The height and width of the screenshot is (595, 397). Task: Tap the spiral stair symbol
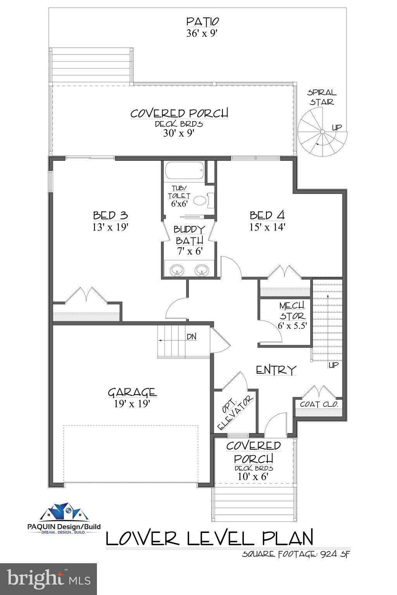321,132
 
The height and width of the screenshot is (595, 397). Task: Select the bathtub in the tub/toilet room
183,171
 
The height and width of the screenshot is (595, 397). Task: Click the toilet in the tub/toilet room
200,200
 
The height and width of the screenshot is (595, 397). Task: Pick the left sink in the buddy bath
178,270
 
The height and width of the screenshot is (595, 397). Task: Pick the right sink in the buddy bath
202,270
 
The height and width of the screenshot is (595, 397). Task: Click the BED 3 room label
110,215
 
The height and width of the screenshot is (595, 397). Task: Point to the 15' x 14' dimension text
267,227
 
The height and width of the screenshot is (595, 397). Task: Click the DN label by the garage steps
192,337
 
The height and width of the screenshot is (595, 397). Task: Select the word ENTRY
276,370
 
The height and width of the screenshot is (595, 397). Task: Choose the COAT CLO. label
319,404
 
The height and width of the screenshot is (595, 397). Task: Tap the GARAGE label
132,392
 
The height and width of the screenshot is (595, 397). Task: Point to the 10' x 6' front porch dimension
253,477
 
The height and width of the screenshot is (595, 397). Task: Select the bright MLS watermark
48,579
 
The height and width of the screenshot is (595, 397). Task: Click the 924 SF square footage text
335,554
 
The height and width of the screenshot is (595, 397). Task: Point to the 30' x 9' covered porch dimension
179,133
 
